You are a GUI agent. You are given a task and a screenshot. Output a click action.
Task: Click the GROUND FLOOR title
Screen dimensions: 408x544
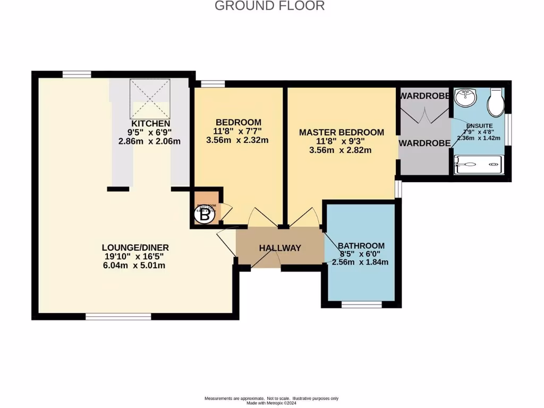269,6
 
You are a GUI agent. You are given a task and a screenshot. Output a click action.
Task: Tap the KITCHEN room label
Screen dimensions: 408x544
151,123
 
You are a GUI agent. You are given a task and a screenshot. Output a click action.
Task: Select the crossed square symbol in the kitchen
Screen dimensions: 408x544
151,99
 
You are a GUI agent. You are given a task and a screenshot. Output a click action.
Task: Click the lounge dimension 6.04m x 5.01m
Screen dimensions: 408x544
135,266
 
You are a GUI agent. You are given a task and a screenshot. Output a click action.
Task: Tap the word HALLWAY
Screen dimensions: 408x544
280,248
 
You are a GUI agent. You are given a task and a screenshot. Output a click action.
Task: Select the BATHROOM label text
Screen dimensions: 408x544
361,245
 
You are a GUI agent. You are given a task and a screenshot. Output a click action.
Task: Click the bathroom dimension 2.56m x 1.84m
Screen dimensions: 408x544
360,262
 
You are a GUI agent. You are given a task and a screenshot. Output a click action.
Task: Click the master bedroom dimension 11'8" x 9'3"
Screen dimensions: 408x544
341,141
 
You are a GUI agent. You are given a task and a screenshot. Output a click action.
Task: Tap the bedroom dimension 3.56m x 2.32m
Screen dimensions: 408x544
237,140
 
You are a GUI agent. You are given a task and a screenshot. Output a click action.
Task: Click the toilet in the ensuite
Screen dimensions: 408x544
495,103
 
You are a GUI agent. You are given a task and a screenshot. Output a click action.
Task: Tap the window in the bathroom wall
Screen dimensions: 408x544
361,304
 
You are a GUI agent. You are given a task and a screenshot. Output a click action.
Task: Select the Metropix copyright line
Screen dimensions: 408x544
271,403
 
